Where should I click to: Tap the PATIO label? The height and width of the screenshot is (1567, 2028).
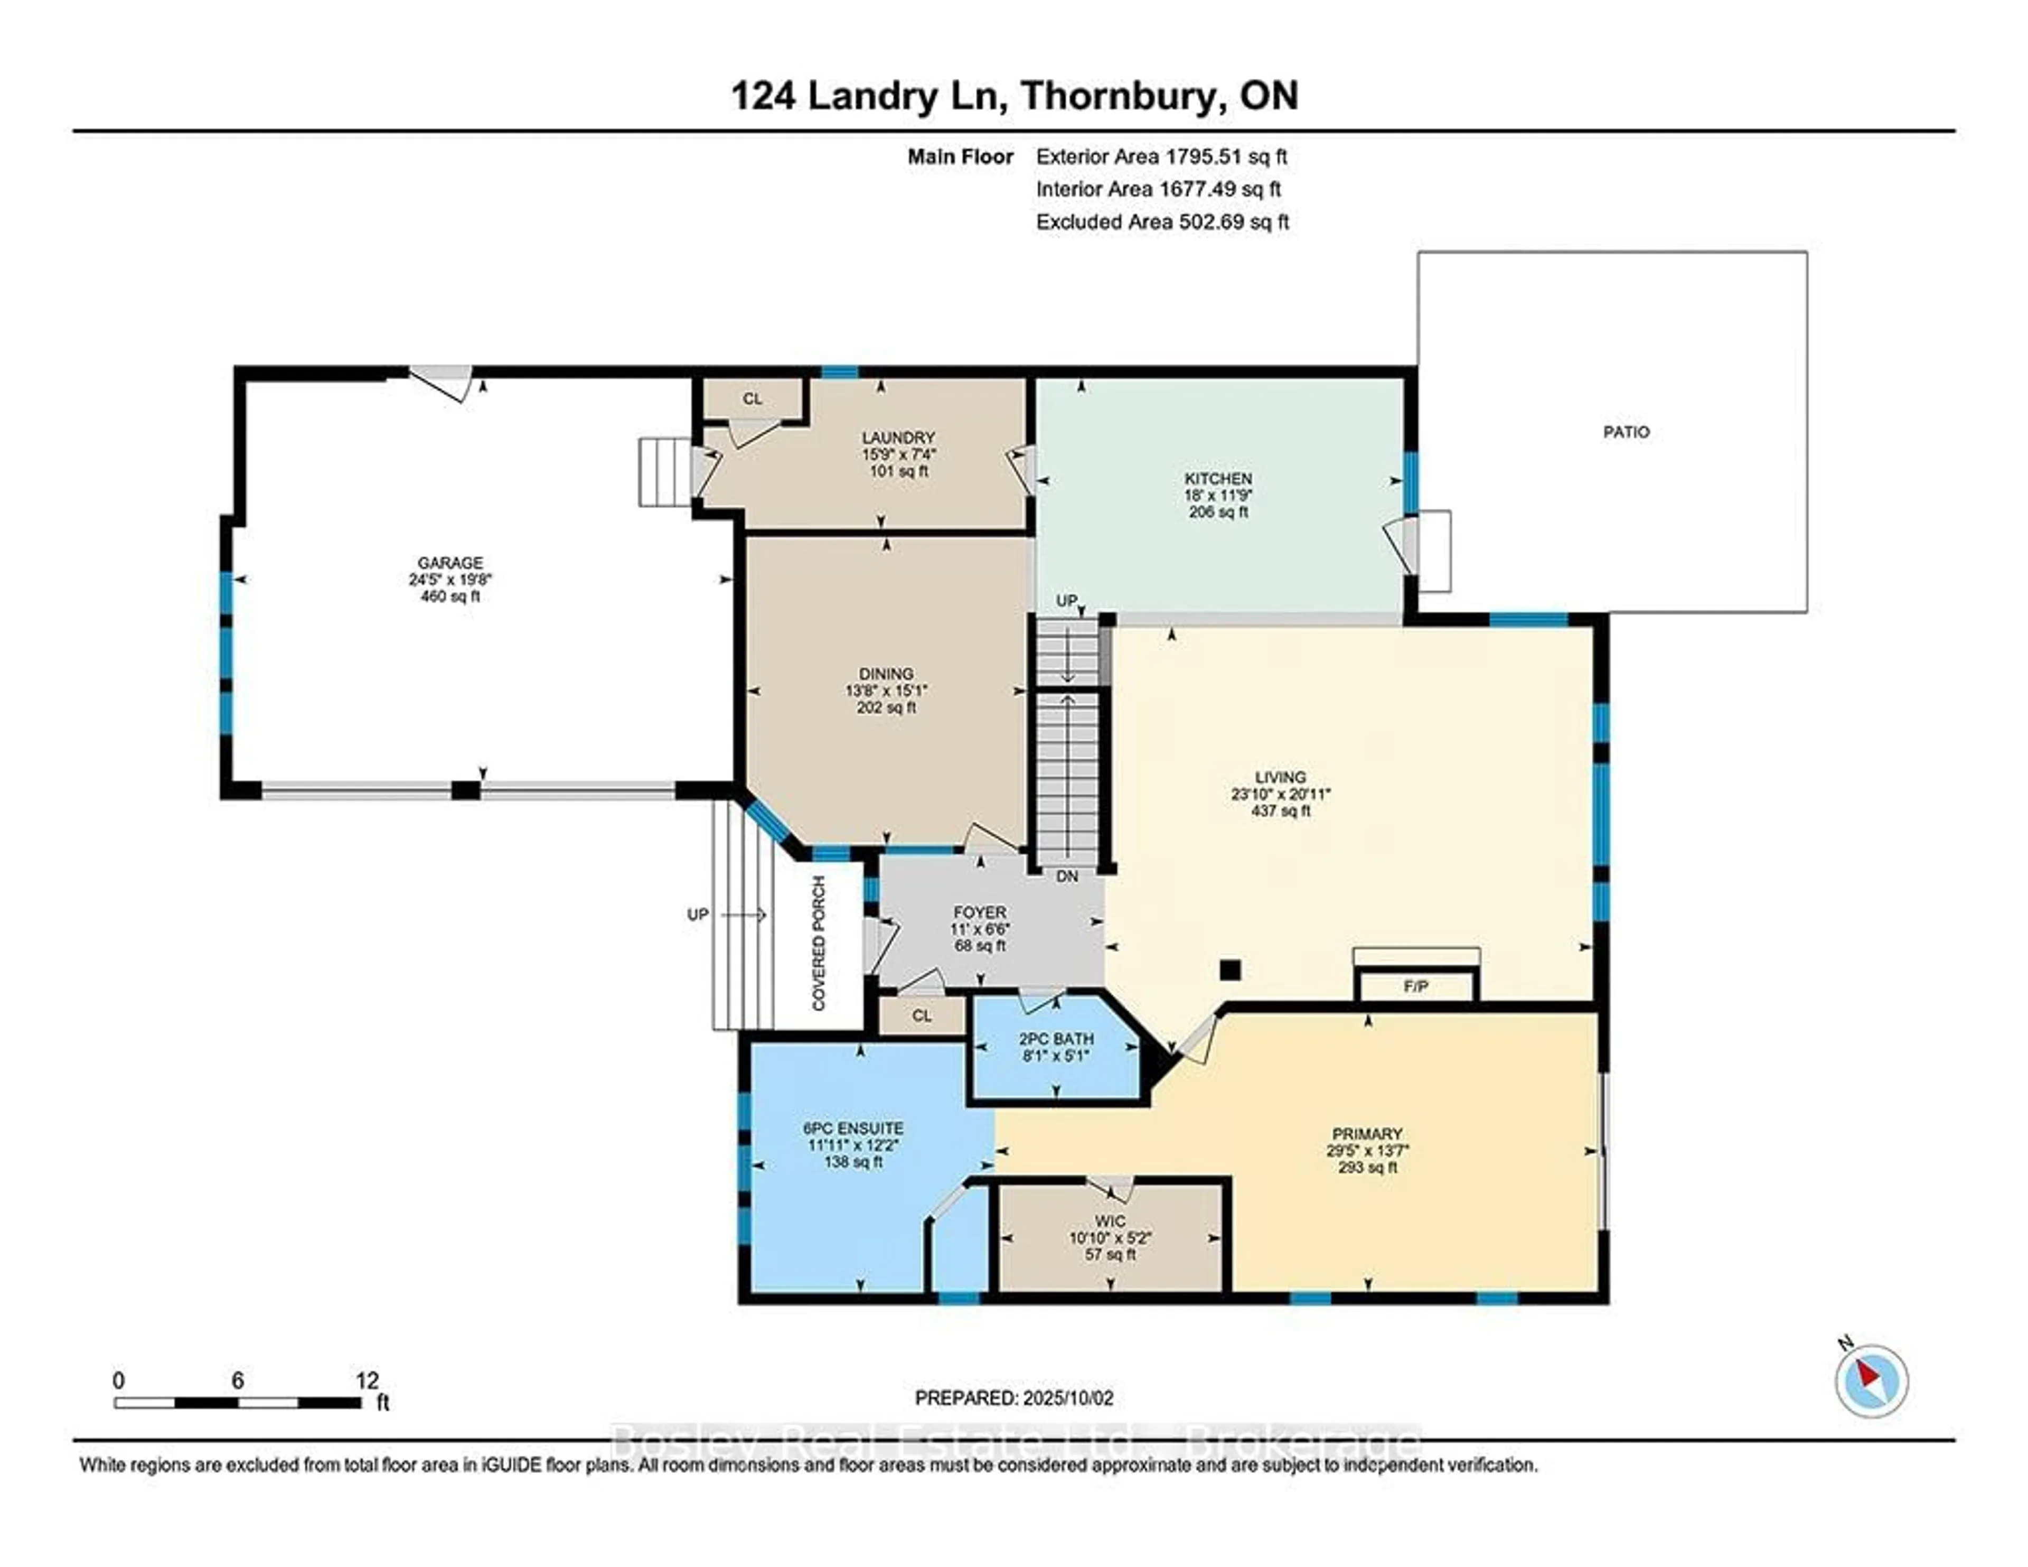point(1626,432)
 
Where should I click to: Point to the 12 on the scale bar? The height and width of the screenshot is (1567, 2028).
point(367,1381)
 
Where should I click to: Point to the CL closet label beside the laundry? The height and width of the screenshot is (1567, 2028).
point(752,398)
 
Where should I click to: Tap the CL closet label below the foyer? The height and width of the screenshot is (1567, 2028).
point(921,1015)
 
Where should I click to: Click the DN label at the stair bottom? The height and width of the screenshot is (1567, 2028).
point(1067,876)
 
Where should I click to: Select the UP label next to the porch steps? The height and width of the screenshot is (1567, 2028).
point(697,915)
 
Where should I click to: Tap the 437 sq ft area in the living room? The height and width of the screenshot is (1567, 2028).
point(1281,811)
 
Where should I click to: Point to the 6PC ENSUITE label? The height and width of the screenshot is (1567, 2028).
point(852,1127)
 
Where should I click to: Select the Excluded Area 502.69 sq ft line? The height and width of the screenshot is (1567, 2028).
point(1162,222)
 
